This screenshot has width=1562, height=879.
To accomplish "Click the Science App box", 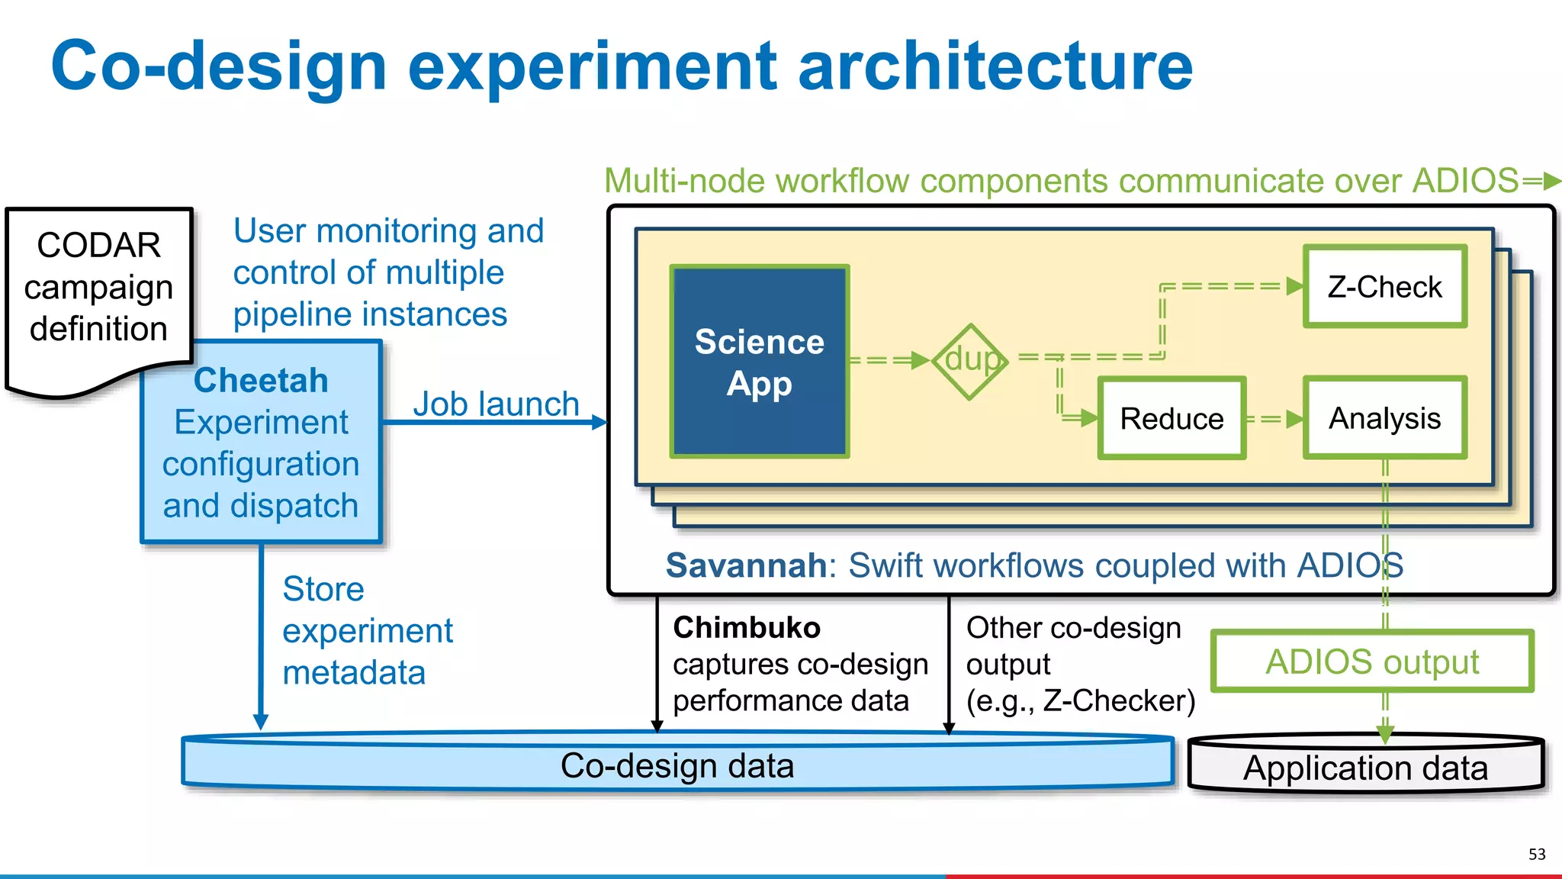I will [x=759, y=362].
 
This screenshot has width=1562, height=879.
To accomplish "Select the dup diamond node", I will [x=970, y=360].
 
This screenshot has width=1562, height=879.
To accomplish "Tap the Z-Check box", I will [x=1384, y=287].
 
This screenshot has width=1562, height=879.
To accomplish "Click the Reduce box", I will [x=1171, y=418].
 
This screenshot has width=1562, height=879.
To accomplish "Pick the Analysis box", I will [x=1384, y=418].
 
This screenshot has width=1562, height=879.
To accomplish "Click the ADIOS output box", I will [x=1371, y=662].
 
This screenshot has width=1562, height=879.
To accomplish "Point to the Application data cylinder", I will [x=1365, y=767].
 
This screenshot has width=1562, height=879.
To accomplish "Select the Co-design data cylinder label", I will [x=677, y=765].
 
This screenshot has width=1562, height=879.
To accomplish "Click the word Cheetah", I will [x=261, y=380].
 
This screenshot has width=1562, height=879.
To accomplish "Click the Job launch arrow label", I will [x=496, y=404].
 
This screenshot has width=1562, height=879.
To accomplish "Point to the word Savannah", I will [x=746, y=565].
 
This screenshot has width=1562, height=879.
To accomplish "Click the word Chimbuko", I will [x=746, y=627].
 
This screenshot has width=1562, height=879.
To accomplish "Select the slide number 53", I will [x=1536, y=854].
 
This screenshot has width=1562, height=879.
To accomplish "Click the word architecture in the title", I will [x=995, y=66].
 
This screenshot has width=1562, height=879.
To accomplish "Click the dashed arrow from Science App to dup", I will [x=889, y=359].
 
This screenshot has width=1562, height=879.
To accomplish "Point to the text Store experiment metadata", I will [x=367, y=630].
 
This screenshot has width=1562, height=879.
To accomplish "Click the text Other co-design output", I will [x=1073, y=646].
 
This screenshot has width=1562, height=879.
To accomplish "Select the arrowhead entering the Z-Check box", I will [x=1294, y=286].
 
